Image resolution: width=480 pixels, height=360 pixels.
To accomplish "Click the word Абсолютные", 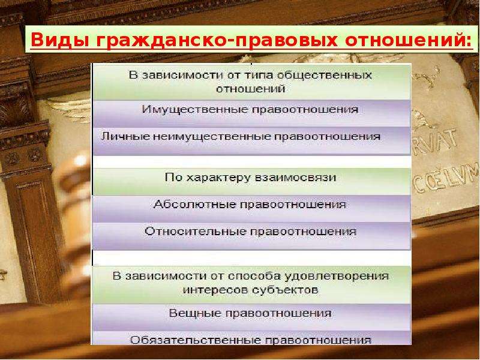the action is click(x=194, y=205).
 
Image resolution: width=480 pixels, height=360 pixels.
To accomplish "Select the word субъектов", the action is click(x=286, y=290).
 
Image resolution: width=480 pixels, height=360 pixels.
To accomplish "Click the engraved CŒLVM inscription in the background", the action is click(x=446, y=179).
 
